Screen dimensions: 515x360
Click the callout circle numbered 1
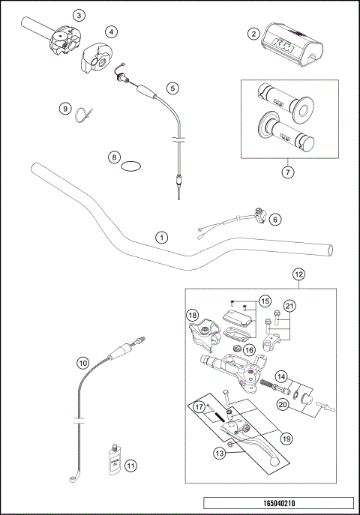(x=161, y=237)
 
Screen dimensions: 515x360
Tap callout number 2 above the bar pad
(x=254, y=34)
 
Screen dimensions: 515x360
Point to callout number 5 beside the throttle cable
(x=172, y=88)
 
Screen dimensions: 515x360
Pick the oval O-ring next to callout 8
(x=131, y=165)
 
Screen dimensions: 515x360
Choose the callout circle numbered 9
(x=65, y=109)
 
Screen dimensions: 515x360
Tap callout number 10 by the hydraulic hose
(x=82, y=362)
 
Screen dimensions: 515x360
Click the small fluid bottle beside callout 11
(x=112, y=458)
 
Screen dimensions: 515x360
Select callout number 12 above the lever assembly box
(x=298, y=274)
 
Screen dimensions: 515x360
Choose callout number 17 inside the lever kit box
(x=199, y=406)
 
